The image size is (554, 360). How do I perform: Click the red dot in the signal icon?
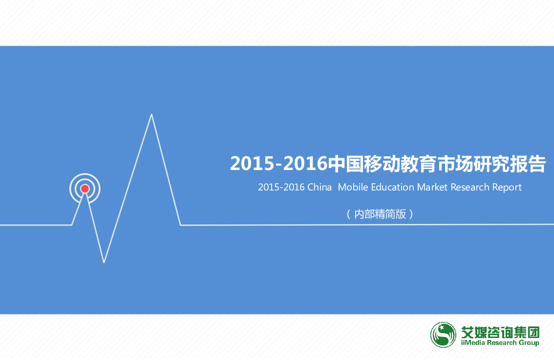[x=85, y=189]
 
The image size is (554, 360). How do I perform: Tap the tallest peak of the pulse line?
[x=151, y=114]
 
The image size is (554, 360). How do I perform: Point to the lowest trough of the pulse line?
[x=104, y=262]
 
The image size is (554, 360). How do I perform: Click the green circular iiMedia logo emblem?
[x=443, y=335]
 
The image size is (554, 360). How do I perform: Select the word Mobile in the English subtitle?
[x=353, y=187]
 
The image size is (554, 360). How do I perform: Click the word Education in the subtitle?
[x=392, y=187]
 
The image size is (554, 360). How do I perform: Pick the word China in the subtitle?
[x=320, y=187]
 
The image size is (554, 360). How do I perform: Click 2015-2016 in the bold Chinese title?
[x=279, y=164]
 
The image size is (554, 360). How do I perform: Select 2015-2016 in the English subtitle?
[x=281, y=187]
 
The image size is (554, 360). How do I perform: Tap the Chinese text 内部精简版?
[x=380, y=214]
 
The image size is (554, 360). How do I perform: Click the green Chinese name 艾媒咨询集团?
[x=500, y=332]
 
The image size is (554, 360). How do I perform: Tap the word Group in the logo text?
[x=529, y=343]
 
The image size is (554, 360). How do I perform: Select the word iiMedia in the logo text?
[x=473, y=342]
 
